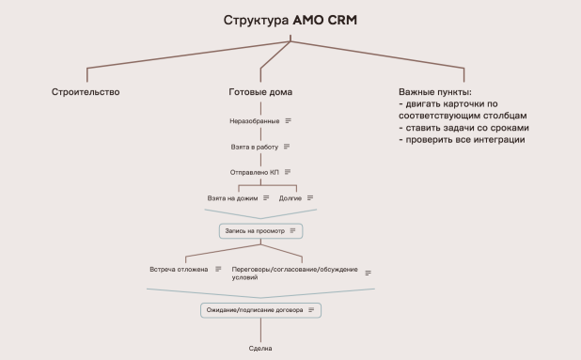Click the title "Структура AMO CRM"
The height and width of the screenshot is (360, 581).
[290, 20]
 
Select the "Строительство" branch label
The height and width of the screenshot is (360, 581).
[86, 92]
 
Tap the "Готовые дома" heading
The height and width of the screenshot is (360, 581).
[260, 92]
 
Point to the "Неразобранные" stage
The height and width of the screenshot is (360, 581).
[254, 121]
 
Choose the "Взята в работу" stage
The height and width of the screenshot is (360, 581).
[254, 147]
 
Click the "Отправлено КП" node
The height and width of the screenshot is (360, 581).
[254, 172]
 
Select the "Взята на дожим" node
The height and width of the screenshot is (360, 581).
[232, 198]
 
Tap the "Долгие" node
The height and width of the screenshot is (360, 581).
[291, 198]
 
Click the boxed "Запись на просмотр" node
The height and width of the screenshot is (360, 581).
[255, 230]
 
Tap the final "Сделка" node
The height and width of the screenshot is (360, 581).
[260, 349]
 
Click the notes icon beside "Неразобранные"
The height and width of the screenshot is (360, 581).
[288, 121]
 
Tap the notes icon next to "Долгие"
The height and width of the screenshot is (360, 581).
[309, 198]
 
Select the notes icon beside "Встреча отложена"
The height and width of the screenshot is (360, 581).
[218, 269]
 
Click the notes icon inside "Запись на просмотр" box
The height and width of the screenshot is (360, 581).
[293, 230]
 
